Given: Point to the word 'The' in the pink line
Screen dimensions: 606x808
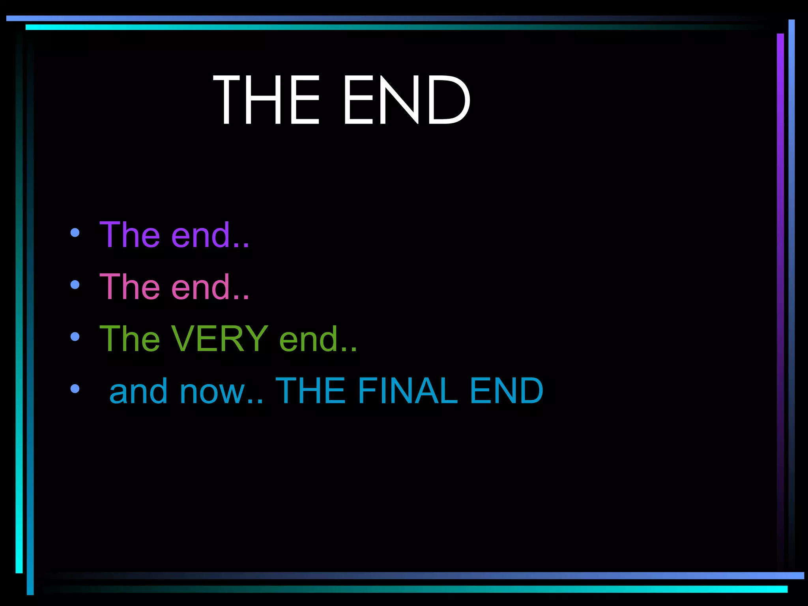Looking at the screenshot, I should (130, 287).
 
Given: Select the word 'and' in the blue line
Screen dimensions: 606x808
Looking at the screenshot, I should (138, 391).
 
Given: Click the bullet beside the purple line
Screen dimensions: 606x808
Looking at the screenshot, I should (75, 233).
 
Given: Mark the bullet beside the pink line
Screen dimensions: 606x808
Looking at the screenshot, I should (75, 284).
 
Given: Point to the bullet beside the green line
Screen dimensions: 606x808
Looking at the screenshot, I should (75, 337).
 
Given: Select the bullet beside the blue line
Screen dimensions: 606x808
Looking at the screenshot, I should (75, 389).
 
